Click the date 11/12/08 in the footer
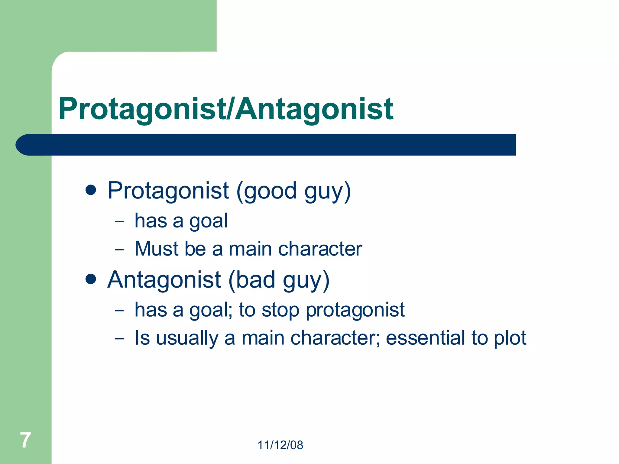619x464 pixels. point(280,445)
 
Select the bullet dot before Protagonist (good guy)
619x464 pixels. point(91,190)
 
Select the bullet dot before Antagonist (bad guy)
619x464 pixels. point(91,279)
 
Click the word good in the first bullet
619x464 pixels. point(270,191)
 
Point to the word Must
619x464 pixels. point(157,249)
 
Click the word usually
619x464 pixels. point(187,338)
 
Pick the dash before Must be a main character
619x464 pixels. point(119,250)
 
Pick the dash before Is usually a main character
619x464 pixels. point(119,339)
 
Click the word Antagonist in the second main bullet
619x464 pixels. point(164,280)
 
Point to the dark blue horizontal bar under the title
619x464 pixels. point(266,145)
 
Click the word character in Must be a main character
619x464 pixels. point(320,249)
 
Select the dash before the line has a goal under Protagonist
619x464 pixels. point(119,221)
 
